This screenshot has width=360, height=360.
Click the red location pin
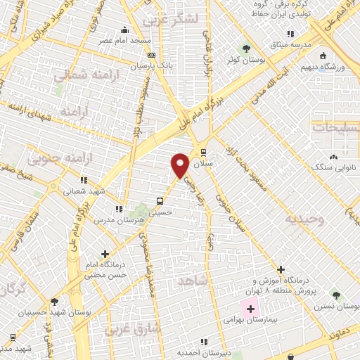pos(180,165)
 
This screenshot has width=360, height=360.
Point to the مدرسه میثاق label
pos(290,45)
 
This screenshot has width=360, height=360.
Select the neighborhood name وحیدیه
pos(305,218)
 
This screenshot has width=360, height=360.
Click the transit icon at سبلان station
pos(204,152)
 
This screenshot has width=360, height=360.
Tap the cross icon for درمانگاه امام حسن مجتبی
pos(106,254)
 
